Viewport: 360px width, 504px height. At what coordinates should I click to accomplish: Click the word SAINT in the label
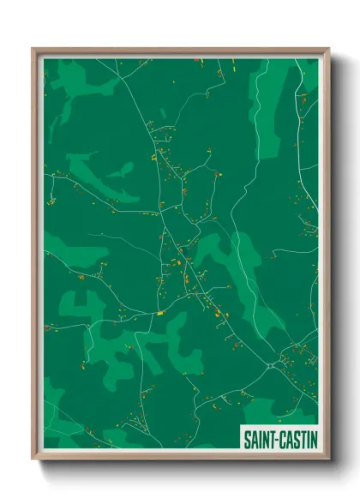pos(259,439)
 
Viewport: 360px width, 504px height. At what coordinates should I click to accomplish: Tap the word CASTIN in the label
pos(297,439)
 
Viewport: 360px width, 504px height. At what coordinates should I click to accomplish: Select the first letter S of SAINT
pos(247,439)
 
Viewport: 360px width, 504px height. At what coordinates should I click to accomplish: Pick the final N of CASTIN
pos(313,439)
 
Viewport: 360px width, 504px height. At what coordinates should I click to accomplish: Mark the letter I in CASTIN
pos(306,439)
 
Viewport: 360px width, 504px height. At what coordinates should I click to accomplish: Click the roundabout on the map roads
pos(272,365)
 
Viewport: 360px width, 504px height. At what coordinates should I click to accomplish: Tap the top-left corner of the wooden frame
pos(33,49)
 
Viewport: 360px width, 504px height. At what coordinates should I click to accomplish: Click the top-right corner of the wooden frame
pos(328,49)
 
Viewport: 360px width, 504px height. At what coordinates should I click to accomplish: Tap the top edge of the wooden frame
pos(180,51)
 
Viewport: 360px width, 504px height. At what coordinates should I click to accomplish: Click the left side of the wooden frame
pos(35,257)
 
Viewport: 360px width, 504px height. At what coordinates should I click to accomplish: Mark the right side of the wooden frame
pos(327,257)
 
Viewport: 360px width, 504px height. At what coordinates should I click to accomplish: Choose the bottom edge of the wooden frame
pos(180,458)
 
